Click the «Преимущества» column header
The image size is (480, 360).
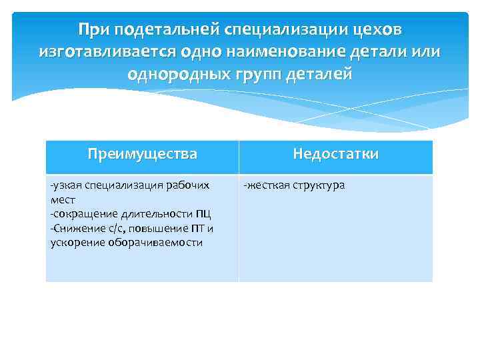click(x=143, y=154)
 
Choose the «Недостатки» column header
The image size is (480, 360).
click(x=336, y=154)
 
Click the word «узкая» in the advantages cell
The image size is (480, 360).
click(x=67, y=185)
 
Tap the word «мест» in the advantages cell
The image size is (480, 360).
click(x=63, y=199)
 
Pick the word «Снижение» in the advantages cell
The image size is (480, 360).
click(x=75, y=229)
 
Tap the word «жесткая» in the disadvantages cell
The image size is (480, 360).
click(x=267, y=185)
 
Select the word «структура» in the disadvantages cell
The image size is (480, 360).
click(x=317, y=185)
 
